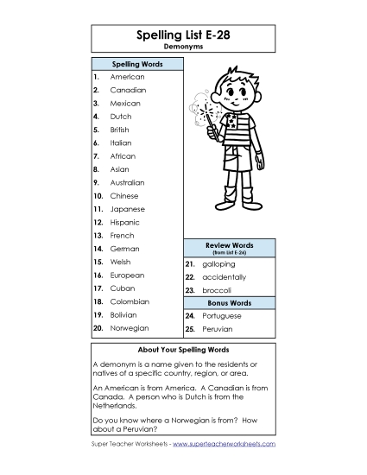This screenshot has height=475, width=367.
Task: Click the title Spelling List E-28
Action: (183, 35)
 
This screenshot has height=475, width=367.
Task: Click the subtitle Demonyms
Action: (183, 48)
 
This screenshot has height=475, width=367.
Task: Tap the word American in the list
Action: (127, 77)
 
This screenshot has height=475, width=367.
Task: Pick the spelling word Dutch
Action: (120, 117)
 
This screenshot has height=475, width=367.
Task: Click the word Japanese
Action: (127, 209)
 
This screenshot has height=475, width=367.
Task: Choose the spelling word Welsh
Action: (120, 262)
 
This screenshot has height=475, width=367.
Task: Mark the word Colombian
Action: (130, 301)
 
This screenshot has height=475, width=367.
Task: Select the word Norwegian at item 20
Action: (130, 328)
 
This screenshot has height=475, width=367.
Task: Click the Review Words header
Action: (229, 247)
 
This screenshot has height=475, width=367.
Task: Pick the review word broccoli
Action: (217, 290)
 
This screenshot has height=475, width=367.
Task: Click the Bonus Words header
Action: (229, 303)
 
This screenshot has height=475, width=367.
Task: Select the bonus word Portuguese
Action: (222, 316)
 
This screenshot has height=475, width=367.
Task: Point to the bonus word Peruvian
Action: (218, 329)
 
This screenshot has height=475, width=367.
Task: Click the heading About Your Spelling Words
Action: (183, 350)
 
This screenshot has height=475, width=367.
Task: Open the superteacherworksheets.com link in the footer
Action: (224, 443)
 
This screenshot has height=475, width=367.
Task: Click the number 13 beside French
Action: (98, 236)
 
